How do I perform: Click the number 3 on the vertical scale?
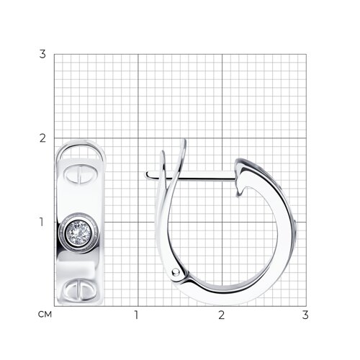42,54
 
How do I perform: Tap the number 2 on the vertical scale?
42,138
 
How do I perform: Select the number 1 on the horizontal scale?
136,315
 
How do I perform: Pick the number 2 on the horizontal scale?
221,315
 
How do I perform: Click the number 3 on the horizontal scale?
305,315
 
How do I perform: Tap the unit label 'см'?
45,314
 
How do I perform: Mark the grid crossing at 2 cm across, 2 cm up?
221,138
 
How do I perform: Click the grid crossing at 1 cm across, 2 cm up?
137,138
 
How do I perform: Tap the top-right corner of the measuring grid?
305,54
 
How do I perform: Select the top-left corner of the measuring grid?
53,54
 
